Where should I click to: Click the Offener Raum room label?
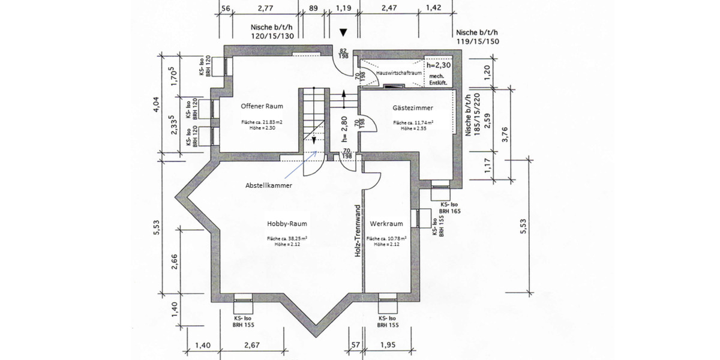(262, 106)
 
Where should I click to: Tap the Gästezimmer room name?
(413, 108)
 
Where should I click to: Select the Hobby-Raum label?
(287, 224)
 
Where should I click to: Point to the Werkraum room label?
(386, 224)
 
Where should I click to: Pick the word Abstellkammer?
(269, 186)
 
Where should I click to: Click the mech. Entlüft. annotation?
(437, 80)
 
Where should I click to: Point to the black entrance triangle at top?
(343, 32)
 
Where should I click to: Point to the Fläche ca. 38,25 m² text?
(287, 239)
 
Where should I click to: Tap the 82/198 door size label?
(344, 53)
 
